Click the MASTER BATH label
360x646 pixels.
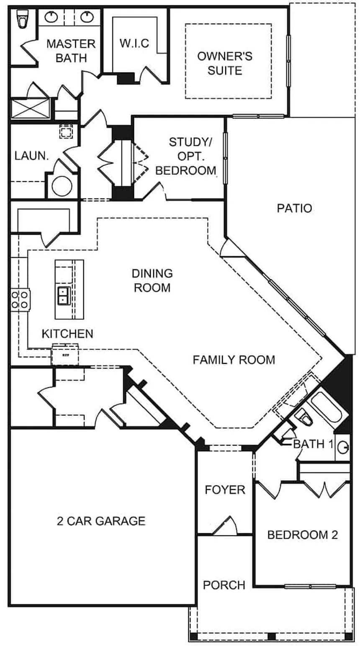point(71,50)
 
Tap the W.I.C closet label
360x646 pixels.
point(134,43)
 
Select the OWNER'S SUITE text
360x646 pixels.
point(225,63)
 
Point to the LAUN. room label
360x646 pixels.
point(32,156)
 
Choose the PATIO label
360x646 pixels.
point(295,208)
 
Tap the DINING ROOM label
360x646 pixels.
point(152,281)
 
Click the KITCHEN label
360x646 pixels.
point(67,334)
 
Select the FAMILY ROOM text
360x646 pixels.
point(234,359)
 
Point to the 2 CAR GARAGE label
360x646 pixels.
point(101,521)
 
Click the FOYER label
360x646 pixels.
point(225,489)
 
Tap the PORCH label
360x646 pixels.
point(224,585)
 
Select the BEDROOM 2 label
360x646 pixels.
point(303,535)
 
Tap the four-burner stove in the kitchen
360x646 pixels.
point(20,300)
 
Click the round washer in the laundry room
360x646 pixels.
point(62,186)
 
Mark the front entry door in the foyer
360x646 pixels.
point(226,526)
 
